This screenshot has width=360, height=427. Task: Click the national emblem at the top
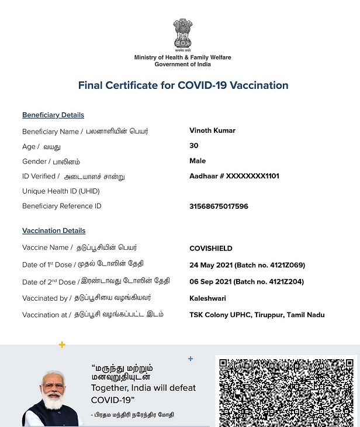[182, 33]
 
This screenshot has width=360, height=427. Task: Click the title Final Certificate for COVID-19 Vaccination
[183, 85]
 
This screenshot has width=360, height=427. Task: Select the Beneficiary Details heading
[53, 115]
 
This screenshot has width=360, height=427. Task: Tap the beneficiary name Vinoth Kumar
[212, 130]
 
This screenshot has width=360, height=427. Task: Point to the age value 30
[194, 146]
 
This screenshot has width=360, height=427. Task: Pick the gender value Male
[198, 161]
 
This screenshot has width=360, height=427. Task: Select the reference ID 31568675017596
[219, 206]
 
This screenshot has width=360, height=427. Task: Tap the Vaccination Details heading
[54, 231]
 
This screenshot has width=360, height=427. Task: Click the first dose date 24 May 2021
[211, 265]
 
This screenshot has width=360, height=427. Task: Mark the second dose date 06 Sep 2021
[211, 281]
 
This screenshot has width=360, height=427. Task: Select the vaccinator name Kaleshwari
[207, 298]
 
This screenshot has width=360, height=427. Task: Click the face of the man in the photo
[53, 388]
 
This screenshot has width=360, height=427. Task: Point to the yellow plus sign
[62, 345]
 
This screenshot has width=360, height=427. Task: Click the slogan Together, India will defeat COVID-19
[143, 394]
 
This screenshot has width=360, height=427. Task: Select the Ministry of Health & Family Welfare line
[182, 57]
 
